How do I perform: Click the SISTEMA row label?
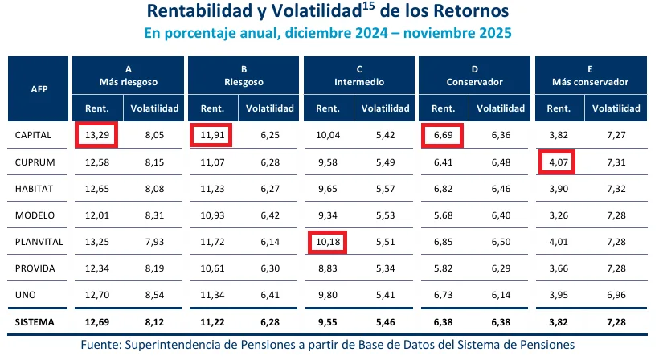pyautogui.click(x=35, y=322)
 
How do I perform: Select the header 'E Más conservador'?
pyautogui.click(x=590, y=75)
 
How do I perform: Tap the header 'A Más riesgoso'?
pyautogui.click(x=128, y=75)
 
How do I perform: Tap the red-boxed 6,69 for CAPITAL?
pyautogui.click(x=443, y=135)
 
